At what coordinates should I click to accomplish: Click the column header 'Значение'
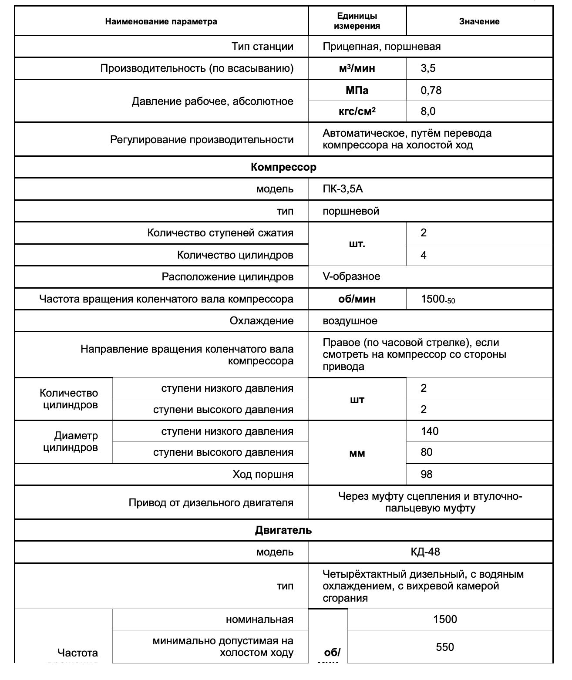[479, 21]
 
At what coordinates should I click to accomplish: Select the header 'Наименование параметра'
[161, 21]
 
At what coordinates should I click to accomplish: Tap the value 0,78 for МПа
[431, 90]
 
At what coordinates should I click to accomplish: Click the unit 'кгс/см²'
[357, 111]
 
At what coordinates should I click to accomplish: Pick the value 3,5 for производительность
[428, 68]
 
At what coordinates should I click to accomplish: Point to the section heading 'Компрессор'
[283, 167]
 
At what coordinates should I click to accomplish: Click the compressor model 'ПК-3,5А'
[343, 189]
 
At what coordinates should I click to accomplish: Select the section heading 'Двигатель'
[283, 530]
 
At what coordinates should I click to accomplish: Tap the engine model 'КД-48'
[425, 552]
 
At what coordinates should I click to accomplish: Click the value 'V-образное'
[351, 276]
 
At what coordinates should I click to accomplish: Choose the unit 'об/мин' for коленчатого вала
[357, 299]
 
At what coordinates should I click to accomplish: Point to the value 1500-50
[437, 300]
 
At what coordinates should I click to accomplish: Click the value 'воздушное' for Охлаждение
[350, 321]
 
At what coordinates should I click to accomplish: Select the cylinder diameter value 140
[430, 431]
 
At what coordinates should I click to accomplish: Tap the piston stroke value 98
[426, 474]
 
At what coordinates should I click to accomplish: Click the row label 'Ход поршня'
[263, 475]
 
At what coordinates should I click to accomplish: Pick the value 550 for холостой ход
[444, 647]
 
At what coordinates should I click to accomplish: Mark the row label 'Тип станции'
[262, 47]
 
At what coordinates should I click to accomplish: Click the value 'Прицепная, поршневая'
[382, 47]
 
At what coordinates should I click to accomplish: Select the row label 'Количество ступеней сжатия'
[220, 233]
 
